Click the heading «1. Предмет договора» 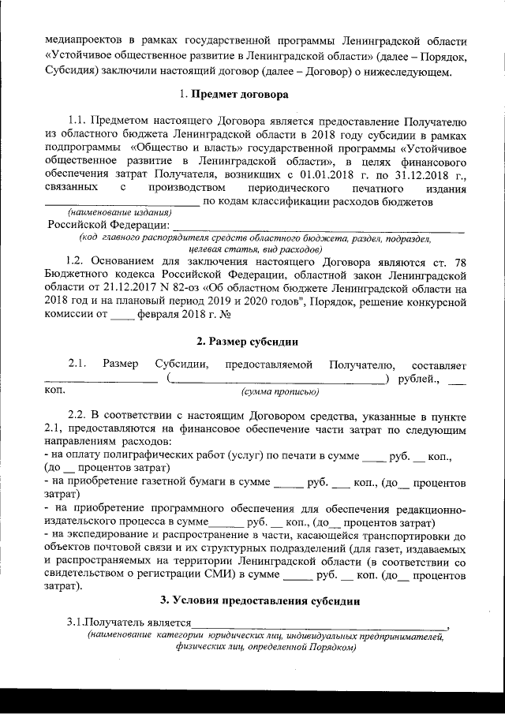tap(234, 95)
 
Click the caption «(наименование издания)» tap(120, 214)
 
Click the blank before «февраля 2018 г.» tap(123, 317)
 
